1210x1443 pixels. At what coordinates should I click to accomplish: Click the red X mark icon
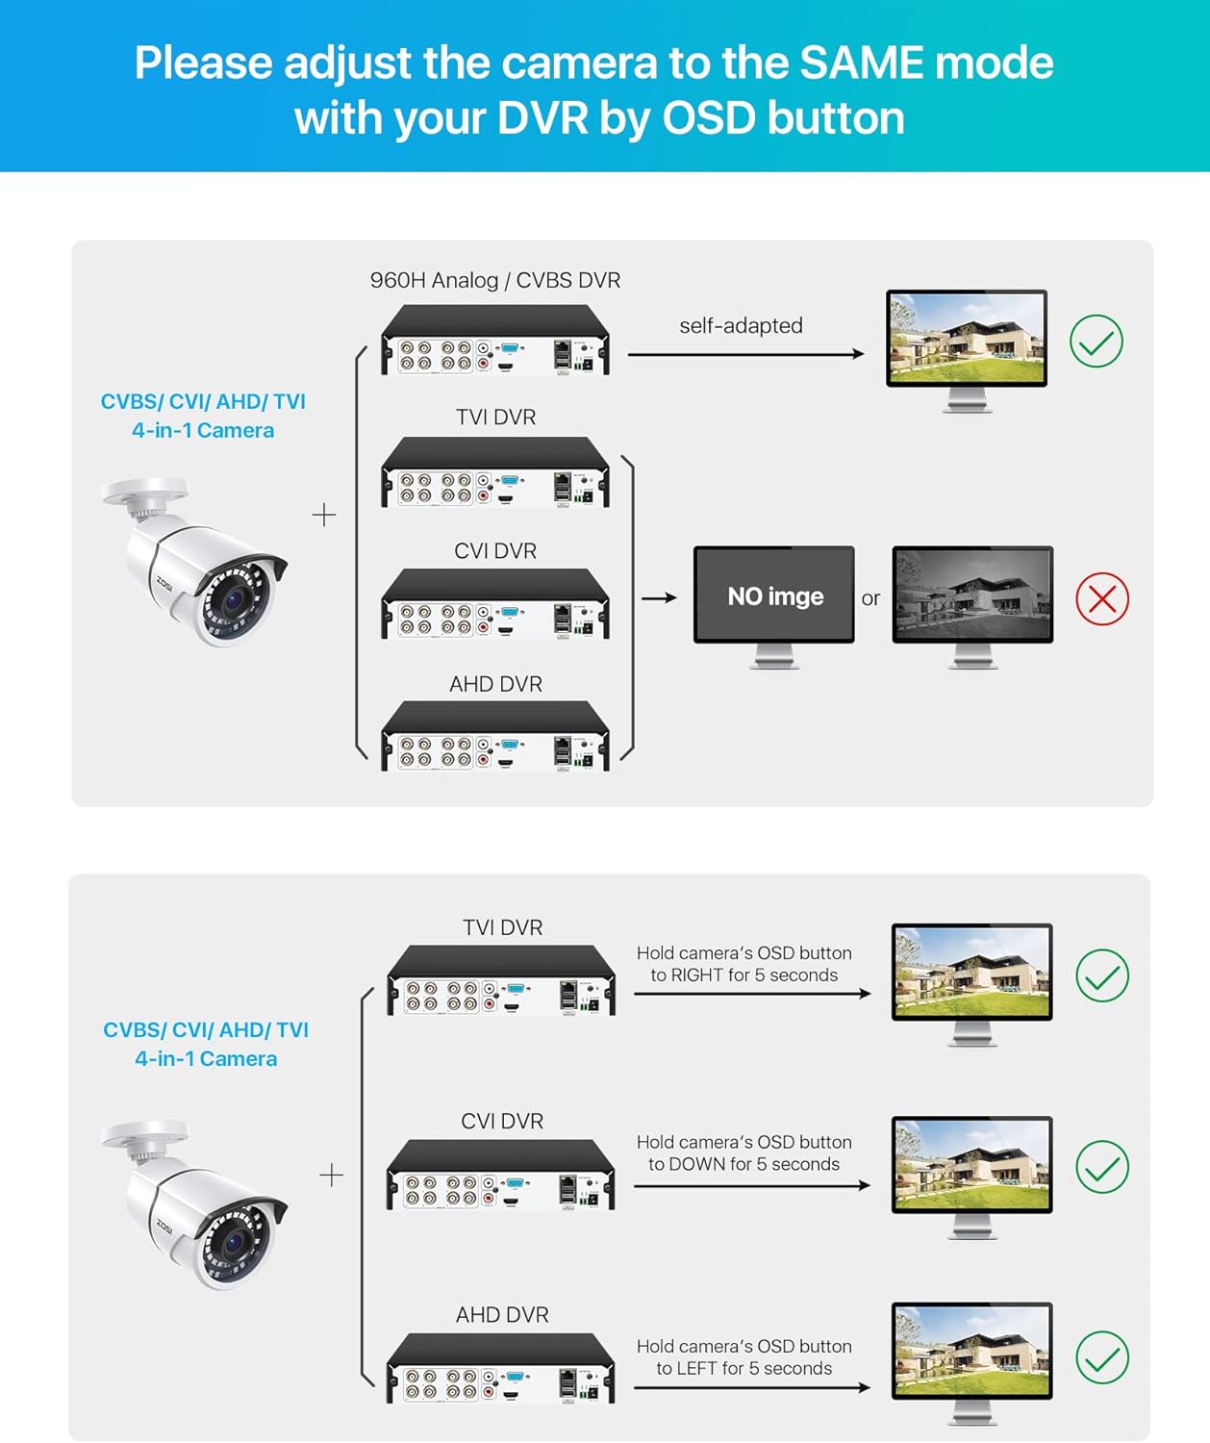(x=1101, y=599)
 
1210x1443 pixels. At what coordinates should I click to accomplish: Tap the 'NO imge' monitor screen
(x=774, y=595)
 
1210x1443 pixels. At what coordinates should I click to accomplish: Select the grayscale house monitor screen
(x=972, y=595)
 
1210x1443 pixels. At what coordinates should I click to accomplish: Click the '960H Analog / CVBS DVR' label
(x=495, y=280)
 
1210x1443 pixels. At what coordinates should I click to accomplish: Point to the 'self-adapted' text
(x=741, y=326)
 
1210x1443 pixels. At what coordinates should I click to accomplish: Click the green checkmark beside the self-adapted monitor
(x=1096, y=342)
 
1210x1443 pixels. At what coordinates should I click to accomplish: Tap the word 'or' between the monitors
(x=870, y=598)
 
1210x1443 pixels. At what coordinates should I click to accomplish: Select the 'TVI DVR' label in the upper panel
(x=495, y=418)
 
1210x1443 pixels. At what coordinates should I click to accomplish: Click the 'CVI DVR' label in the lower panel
(x=502, y=1122)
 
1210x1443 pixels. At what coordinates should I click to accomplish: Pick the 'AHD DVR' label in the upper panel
(x=495, y=684)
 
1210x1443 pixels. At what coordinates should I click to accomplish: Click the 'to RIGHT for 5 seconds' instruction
(x=744, y=975)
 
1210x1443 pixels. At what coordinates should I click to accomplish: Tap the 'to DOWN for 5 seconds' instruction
(x=744, y=1164)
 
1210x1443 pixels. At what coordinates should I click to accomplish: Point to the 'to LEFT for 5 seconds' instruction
(x=744, y=1368)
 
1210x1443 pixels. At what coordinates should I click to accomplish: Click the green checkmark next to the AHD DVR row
(x=1101, y=1357)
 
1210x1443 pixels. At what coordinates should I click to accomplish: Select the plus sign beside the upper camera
(x=324, y=516)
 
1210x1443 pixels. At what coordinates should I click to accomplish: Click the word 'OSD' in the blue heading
(x=709, y=119)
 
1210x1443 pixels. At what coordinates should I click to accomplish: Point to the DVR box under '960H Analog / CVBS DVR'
(x=495, y=341)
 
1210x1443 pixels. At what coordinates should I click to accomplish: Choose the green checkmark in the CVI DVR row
(x=1101, y=1167)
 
